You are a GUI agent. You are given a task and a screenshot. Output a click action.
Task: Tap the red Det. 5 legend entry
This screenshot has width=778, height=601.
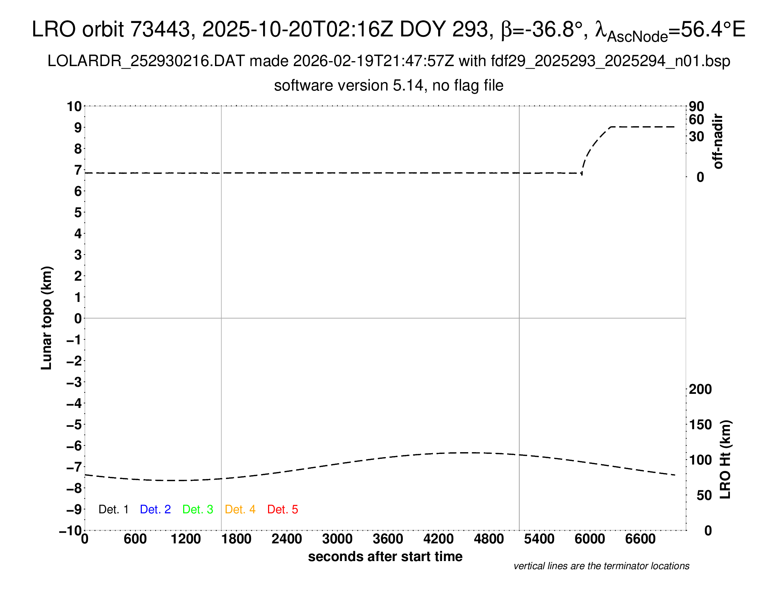pyautogui.click(x=283, y=509)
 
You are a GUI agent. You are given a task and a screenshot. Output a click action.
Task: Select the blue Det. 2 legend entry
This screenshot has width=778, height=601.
pyautogui.click(x=155, y=509)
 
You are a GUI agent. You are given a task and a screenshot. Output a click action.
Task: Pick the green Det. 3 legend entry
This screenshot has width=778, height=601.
pyautogui.click(x=198, y=509)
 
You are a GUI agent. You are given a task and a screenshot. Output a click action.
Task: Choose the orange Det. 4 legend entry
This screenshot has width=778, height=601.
pyautogui.click(x=240, y=509)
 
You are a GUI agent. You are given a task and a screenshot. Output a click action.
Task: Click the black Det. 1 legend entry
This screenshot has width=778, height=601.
pyautogui.click(x=113, y=509)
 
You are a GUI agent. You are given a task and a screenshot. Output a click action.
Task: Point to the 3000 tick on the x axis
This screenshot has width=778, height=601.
pyautogui.click(x=337, y=539)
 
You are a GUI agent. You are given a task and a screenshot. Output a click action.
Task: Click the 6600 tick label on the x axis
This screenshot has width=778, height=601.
pyautogui.click(x=640, y=539)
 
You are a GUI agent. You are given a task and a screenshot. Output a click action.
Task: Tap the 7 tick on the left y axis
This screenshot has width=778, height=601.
pyautogui.click(x=78, y=170)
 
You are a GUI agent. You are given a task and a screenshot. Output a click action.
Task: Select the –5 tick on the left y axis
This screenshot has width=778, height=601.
pyautogui.click(x=74, y=425)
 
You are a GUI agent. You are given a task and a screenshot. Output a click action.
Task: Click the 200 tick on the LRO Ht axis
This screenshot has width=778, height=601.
pyautogui.click(x=700, y=389)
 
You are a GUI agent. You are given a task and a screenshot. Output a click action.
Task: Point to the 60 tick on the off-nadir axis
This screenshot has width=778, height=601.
pyautogui.click(x=696, y=119)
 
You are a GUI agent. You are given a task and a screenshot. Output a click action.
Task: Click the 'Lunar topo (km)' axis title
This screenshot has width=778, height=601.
pyautogui.click(x=47, y=318)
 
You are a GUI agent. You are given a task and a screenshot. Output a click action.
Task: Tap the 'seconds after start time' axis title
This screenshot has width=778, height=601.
pyautogui.click(x=385, y=556)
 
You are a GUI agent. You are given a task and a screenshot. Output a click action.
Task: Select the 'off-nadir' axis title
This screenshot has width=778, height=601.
pyautogui.click(x=718, y=141)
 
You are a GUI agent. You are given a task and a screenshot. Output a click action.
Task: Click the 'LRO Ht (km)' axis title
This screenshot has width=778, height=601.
pyautogui.click(x=725, y=460)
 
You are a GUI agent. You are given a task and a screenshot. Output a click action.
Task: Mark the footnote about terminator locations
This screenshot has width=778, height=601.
pyautogui.click(x=601, y=566)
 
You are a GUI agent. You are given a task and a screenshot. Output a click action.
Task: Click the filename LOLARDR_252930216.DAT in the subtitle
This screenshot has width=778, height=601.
pyautogui.click(x=146, y=61)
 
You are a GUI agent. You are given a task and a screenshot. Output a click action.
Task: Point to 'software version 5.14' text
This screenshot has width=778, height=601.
pyautogui.click(x=349, y=86)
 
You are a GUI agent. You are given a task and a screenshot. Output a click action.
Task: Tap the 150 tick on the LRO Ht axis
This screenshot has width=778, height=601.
pyautogui.click(x=700, y=424)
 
